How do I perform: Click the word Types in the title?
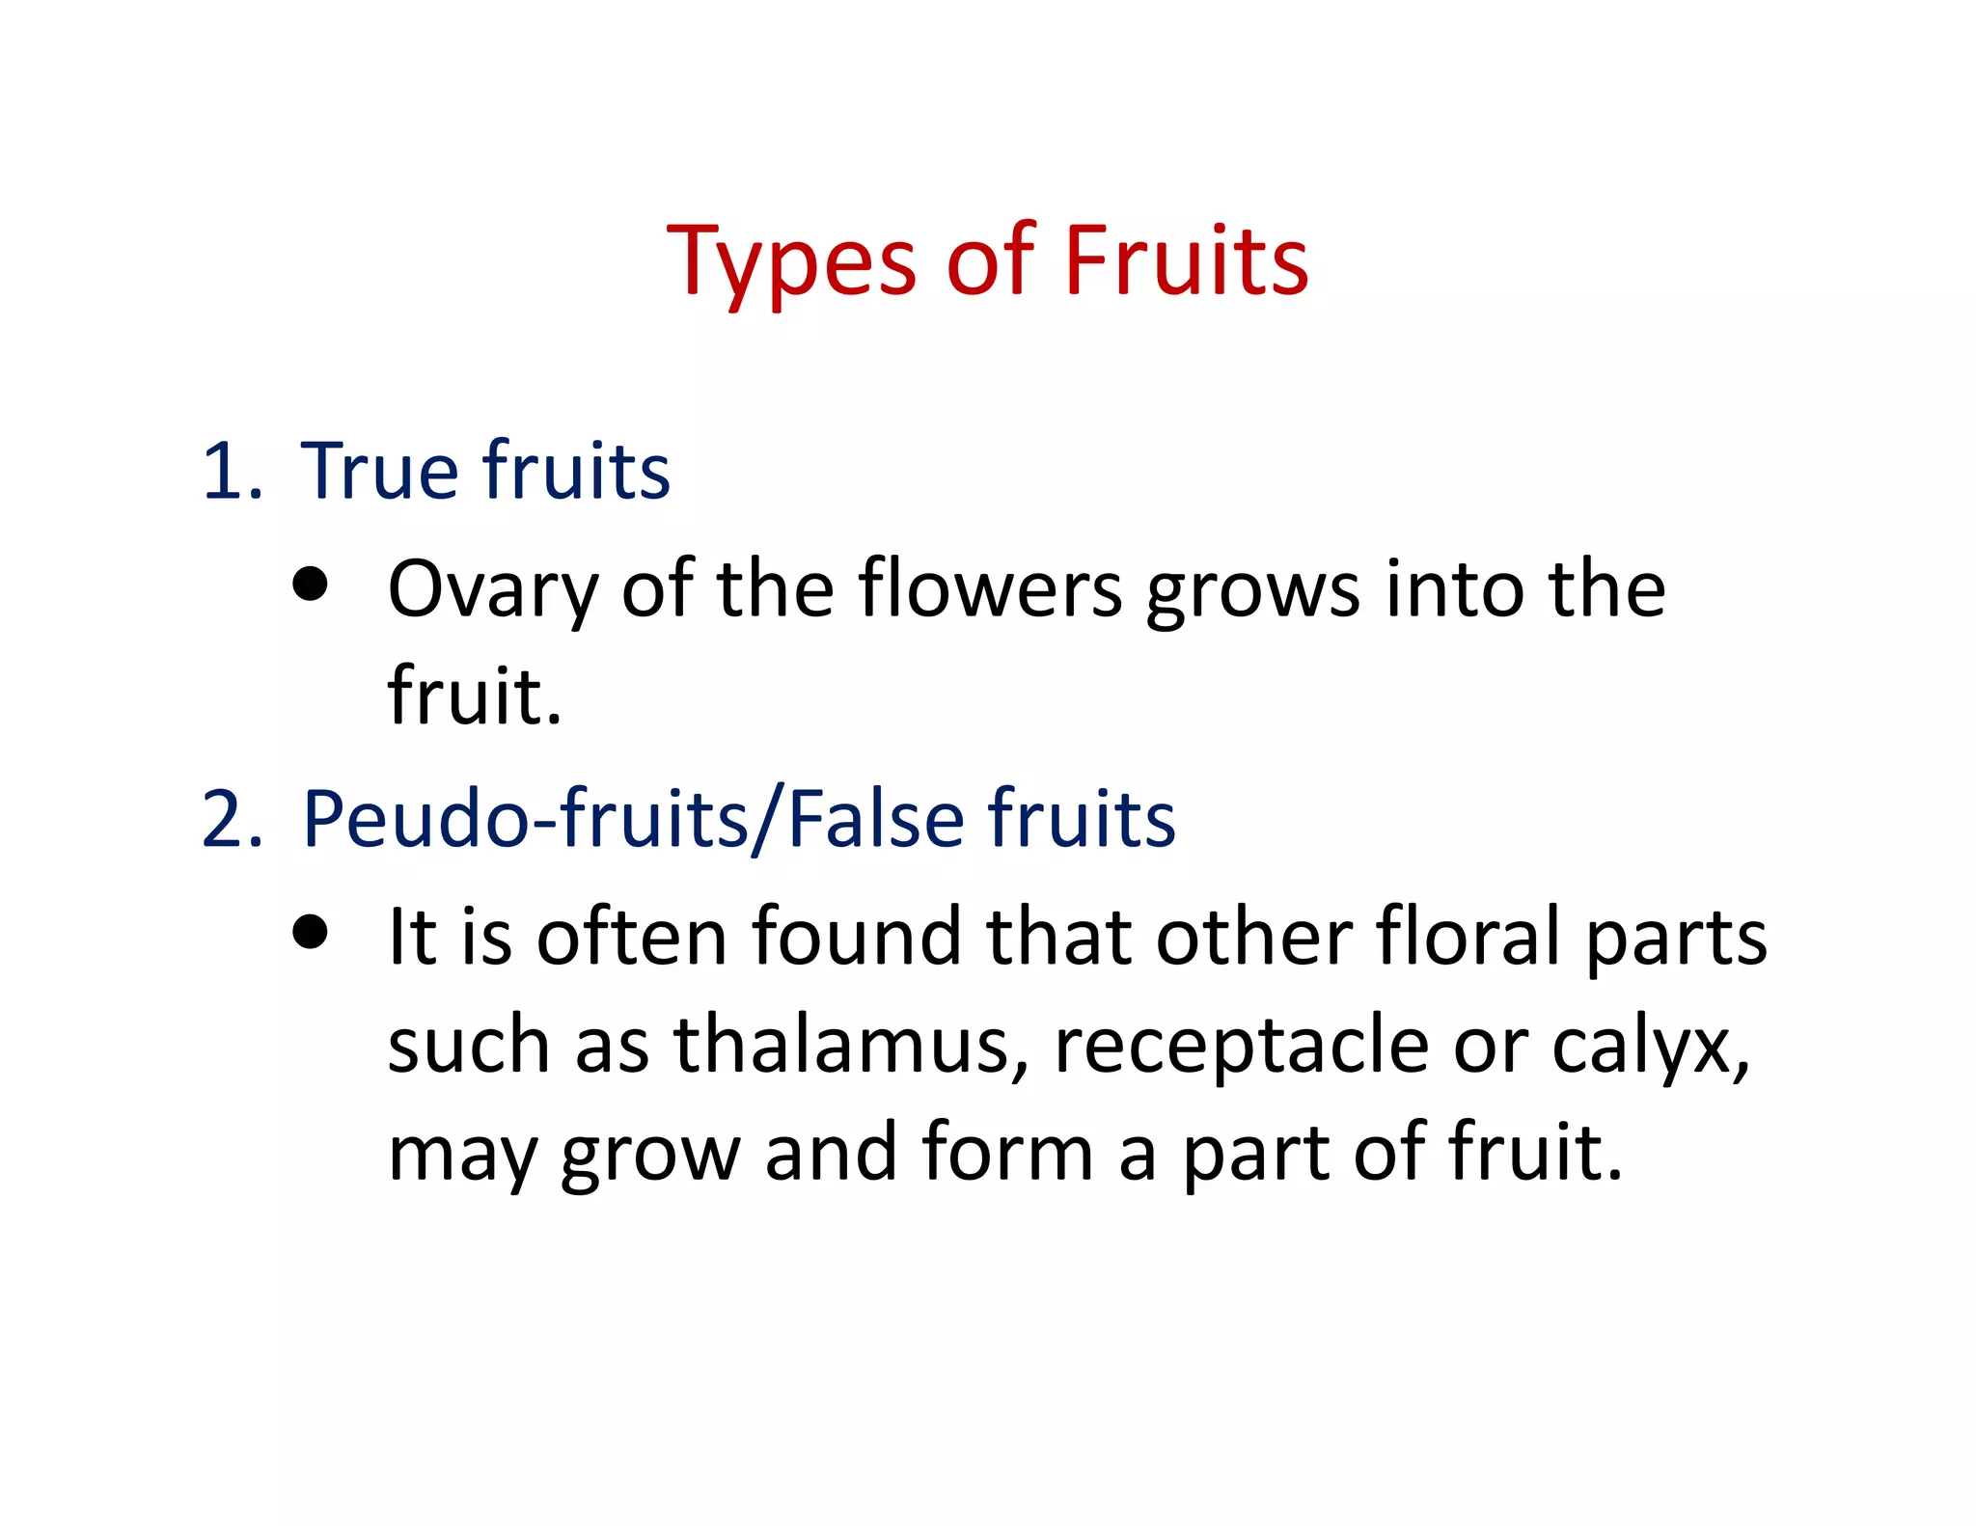tap(791, 262)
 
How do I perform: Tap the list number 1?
tap(232, 472)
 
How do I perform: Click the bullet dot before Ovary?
tap(311, 585)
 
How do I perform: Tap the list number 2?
tap(232, 819)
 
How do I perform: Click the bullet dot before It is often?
tap(311, 933)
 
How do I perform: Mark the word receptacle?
tap(1241, 1047)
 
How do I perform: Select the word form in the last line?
tap(1007, 1153)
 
